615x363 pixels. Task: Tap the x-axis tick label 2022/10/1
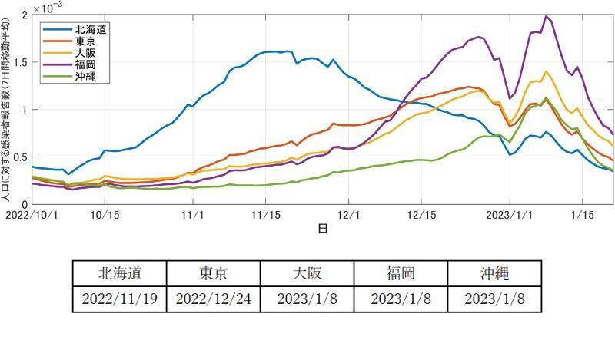tap(32, 217)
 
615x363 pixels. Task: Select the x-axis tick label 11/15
tap(265, 217)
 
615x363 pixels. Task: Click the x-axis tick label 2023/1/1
tap(511, 217)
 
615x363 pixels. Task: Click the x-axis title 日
tap(322, 229)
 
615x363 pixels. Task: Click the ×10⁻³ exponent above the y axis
tap(50, 8)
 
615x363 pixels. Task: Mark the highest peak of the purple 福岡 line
tap(547, 16)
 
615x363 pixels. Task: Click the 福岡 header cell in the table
tap(401, 273)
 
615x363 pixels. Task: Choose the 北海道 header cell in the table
tap(119, 273)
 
